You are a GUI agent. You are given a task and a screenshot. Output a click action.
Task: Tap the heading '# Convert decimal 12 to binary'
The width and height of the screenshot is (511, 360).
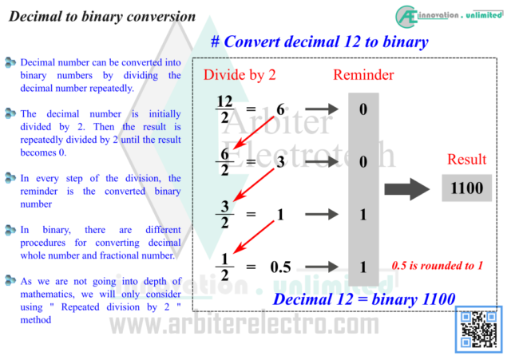(319, 42)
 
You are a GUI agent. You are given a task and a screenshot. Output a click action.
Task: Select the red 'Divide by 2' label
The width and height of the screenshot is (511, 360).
(240, 75)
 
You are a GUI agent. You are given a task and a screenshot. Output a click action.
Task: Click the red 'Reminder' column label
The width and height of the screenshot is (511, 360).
(363, 75)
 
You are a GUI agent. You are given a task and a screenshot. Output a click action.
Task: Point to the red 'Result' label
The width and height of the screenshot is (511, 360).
(466, 159)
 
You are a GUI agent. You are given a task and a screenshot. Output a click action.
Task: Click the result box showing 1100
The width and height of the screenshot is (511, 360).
(466, 188)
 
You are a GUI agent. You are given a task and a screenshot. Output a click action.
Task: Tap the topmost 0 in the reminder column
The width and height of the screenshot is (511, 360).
(363, 109)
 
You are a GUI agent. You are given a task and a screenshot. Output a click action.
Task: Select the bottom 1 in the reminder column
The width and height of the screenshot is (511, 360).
(363, 267)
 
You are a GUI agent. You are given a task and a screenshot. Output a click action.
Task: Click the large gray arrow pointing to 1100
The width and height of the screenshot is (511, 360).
(406, 189)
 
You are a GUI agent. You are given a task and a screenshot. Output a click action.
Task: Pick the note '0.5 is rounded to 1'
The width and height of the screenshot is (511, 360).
(438, 265)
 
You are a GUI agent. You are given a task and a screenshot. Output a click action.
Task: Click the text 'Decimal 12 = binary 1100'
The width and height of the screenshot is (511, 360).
(364, 299)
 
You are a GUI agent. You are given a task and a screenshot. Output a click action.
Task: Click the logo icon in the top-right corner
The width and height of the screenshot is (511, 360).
(406, 15)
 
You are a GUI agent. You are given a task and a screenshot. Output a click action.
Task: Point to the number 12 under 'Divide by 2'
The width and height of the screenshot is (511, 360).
(224, 101)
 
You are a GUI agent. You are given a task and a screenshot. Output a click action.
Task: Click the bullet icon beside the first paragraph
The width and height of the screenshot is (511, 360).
(10, 61)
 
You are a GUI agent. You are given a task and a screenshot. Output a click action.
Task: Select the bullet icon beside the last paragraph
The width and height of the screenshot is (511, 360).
(10, 280)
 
